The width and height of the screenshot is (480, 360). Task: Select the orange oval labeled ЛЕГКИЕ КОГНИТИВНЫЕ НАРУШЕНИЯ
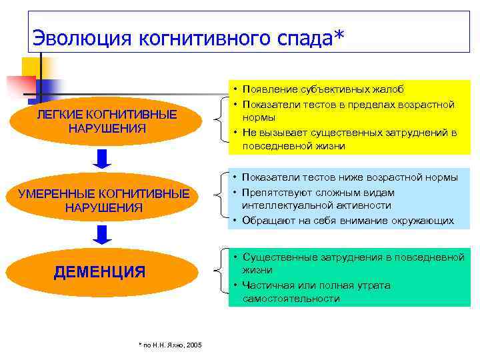point(107,121)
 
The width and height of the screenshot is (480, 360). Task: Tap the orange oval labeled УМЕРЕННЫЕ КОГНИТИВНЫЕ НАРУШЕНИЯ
point(103,201)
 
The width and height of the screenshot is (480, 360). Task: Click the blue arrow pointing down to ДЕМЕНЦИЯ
point(101,235)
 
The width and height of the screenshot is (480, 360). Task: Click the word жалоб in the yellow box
point(387,89)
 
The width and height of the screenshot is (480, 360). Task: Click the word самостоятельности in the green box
point(291,299)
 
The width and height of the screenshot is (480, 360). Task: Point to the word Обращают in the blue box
point(268,220)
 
